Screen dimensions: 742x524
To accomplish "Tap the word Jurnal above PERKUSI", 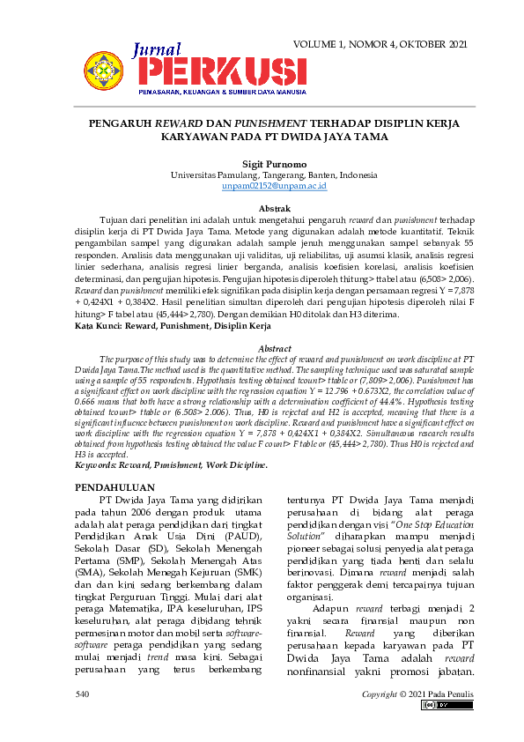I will click(158, 50).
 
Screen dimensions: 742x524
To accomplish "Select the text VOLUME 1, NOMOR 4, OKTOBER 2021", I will click(380, 44).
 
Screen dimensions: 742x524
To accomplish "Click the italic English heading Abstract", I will click(274, 349).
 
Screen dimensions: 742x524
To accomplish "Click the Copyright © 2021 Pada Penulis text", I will click(417, 694).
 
